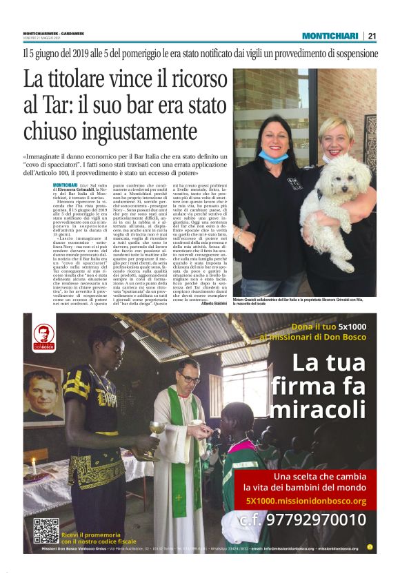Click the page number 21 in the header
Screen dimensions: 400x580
point(372,36)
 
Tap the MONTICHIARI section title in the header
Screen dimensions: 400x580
point(330,36)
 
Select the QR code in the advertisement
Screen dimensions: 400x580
point(46,530)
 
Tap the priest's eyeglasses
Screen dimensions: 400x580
point(190,378)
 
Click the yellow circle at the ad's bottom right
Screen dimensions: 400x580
point(370,547)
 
